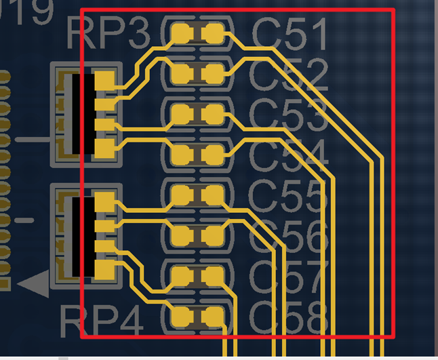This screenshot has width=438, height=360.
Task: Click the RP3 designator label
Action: tap(108, 34)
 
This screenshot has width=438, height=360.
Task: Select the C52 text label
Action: tap(290, 75)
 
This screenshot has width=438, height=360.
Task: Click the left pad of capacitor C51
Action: tap(182, 32)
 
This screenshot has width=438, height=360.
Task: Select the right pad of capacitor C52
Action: tap(213, 73)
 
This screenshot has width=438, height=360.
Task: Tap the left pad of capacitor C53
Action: tap(182, 114)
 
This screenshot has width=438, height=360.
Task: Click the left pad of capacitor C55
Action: tap(182, 195)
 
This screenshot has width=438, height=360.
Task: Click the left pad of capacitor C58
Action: tap(182, 316)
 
